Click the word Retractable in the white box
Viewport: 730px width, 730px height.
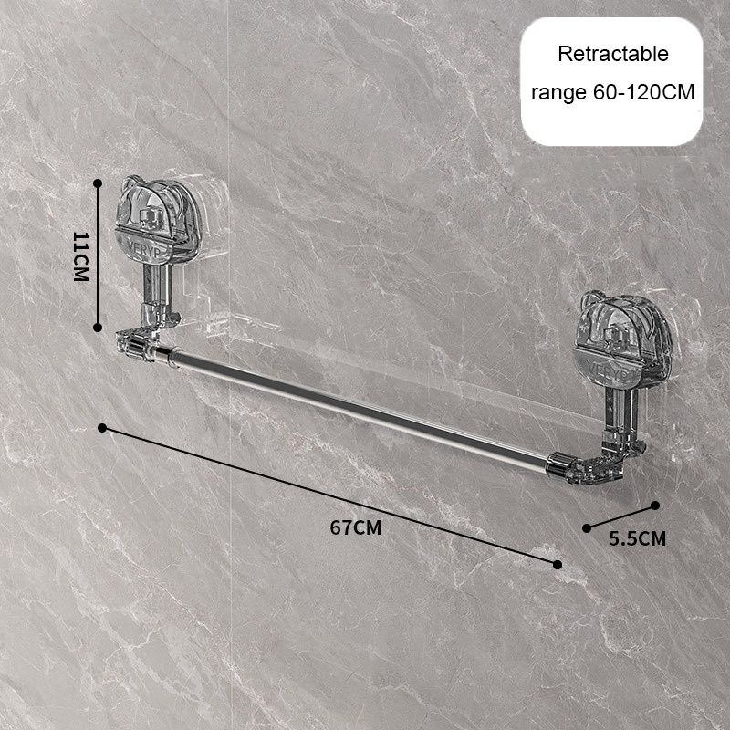(613, 54)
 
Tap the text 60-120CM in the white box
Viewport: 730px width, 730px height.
(643, 92)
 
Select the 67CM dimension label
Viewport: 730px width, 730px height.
(356, 527)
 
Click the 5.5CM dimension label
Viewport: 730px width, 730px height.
(637, 538)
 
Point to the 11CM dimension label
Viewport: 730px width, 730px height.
(80, 256)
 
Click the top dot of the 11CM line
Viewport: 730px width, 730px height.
(98, 183)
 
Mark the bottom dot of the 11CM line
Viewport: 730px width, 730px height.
(98, 328)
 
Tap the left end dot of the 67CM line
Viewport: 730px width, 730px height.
(102, 428)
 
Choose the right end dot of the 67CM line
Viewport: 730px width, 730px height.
(558, 565)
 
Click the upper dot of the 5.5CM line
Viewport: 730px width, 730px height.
(655, 506)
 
